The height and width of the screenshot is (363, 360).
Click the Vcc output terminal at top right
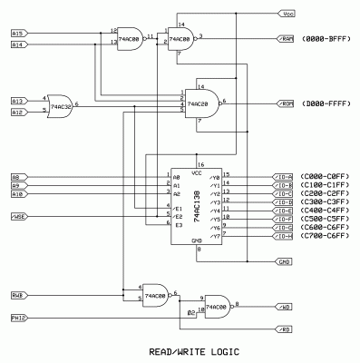(x=286, y=15)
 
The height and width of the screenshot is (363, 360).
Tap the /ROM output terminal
(x=286, y=104)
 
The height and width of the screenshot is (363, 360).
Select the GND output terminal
(x=285, y=261)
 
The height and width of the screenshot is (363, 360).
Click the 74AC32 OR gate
(x=62, y=106)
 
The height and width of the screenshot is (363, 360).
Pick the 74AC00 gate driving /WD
(x=217, y=308)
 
